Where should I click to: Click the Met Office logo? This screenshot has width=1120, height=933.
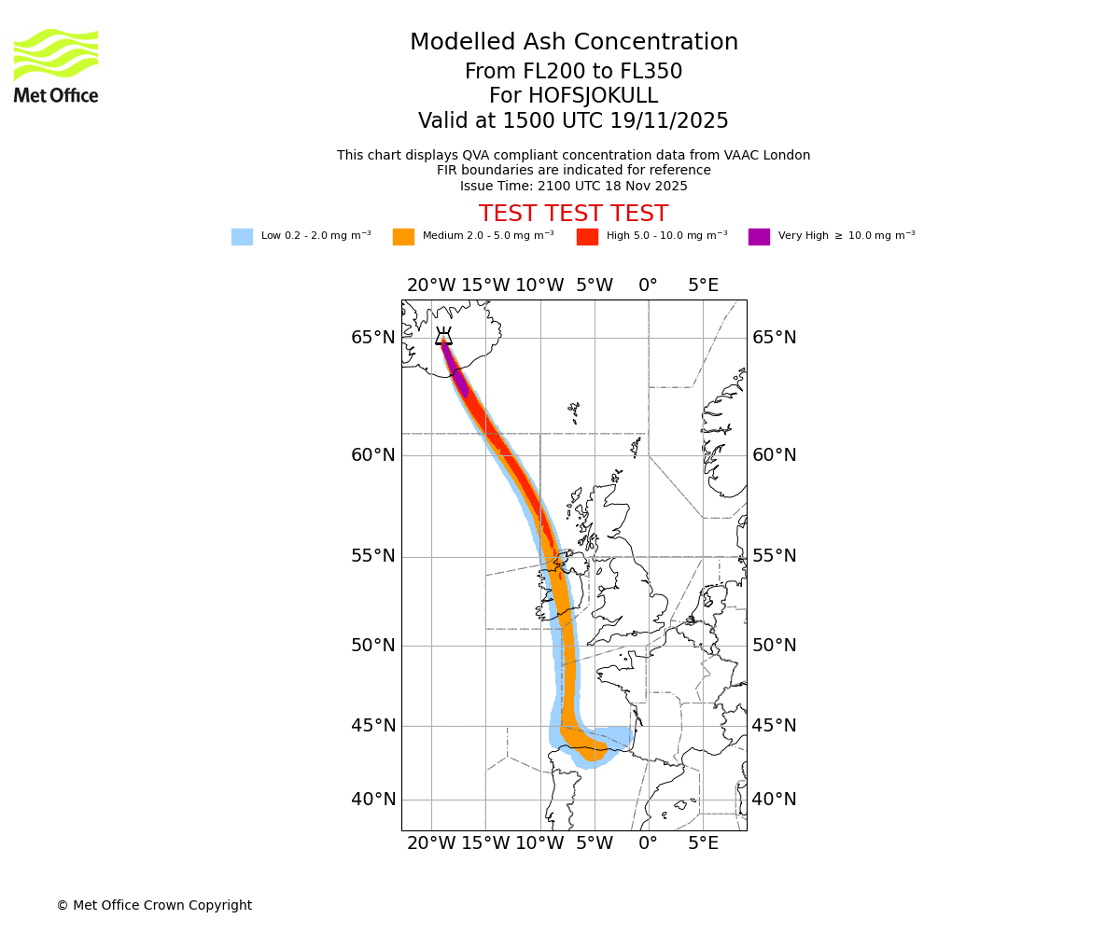(x=56, y=65)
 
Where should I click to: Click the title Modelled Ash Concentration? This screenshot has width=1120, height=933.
(x=573, y=43)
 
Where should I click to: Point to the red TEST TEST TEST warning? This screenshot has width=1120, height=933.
(x=573, y=215)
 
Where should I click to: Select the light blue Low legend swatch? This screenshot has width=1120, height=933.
(x=242, y=237)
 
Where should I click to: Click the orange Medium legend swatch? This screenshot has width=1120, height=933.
(x=403, y=237)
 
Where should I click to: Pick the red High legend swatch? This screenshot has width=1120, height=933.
(x=587, y=237)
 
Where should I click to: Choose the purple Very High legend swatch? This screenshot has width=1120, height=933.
(x=759, y=237)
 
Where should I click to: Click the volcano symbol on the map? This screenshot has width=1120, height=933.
(x=443, y=337)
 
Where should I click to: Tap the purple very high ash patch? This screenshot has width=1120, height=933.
(x=458, y=381)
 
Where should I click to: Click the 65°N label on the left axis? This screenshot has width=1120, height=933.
(x=373, y=338)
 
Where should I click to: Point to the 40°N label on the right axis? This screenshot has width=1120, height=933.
(x=775, y=800)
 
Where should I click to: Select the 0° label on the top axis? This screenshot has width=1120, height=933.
(x=648, y=285)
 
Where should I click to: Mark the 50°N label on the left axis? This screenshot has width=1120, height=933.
(x=373, y=646)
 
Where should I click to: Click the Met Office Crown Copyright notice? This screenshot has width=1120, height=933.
(x=154, y=905)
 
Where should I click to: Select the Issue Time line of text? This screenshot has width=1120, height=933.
(x=573, y=186)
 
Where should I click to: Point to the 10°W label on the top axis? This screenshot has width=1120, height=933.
(x=539, y=285)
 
